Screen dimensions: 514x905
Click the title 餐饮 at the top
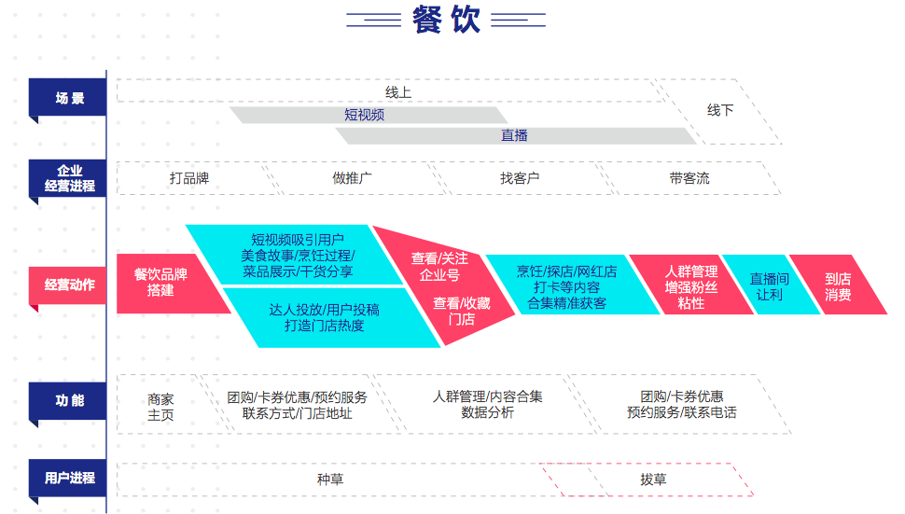click(446, 20)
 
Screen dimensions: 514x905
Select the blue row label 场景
click(68, 98)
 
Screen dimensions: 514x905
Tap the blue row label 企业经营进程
click(68, 178)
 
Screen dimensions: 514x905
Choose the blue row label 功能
click(68, 400)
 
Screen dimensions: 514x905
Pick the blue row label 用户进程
click(68, 479)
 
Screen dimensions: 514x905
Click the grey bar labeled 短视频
click(365, 115)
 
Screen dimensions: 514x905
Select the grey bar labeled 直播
click(515, 135)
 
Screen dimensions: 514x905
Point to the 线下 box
click(719, 111)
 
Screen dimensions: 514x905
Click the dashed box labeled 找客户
click(520, 178)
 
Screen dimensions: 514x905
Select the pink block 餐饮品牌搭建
click(163, 283)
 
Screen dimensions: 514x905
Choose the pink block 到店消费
click(838, 285)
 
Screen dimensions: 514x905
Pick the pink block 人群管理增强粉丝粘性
click(690, 285)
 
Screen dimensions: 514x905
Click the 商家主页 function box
click(160, 406)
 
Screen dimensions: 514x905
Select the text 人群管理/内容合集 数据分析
click(487, 404)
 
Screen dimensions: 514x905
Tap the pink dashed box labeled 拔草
click(653, 479)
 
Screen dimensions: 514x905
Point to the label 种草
click(330, 479)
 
